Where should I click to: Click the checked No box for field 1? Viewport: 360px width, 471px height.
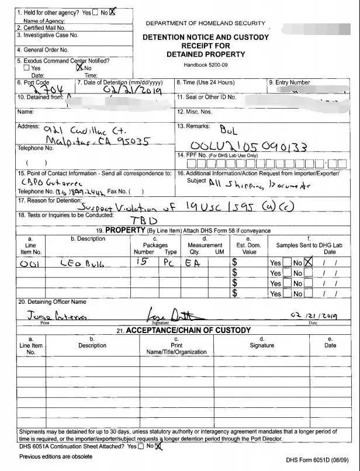click(113, 12)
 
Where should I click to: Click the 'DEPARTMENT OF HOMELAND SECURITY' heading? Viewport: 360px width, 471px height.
click(205, 23)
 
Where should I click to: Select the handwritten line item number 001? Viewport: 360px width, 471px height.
click(29, 264)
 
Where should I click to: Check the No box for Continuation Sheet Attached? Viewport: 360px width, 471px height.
click(158, 446)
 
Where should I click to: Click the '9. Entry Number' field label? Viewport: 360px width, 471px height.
click(289, 82)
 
